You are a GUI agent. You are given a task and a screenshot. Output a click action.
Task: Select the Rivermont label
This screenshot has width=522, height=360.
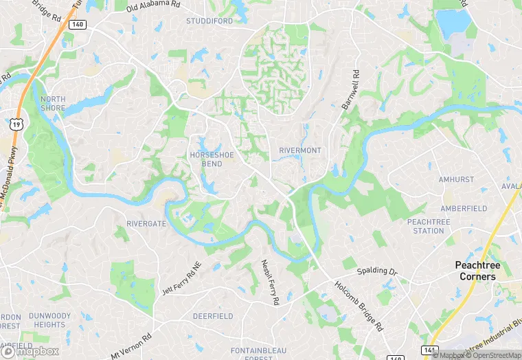300,150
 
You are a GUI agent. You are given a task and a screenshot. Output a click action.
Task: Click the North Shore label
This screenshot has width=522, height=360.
52,104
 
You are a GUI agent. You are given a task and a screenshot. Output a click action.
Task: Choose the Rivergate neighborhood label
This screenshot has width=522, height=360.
146,223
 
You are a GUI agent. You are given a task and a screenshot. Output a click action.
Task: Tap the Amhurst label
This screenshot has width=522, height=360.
456,179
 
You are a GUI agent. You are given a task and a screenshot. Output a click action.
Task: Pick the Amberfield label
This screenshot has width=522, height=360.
464,208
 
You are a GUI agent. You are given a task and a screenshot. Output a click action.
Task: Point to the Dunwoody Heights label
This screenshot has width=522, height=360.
49,320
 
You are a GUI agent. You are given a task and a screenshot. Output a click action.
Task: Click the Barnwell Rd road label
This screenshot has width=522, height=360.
351,89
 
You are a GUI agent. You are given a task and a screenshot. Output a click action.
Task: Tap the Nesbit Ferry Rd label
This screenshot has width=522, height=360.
270,282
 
